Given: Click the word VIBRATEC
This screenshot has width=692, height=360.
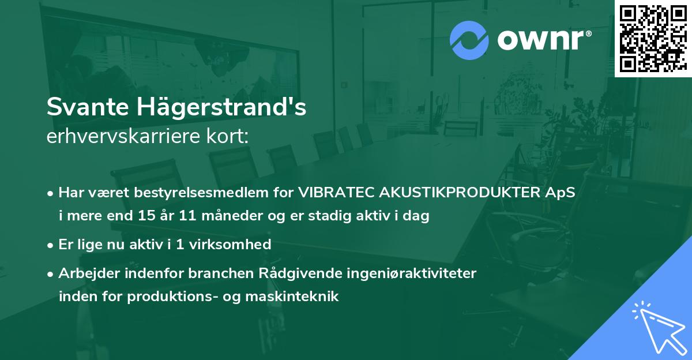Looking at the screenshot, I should coord(335,193).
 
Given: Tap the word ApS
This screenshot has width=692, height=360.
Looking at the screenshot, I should coord(562,193).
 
